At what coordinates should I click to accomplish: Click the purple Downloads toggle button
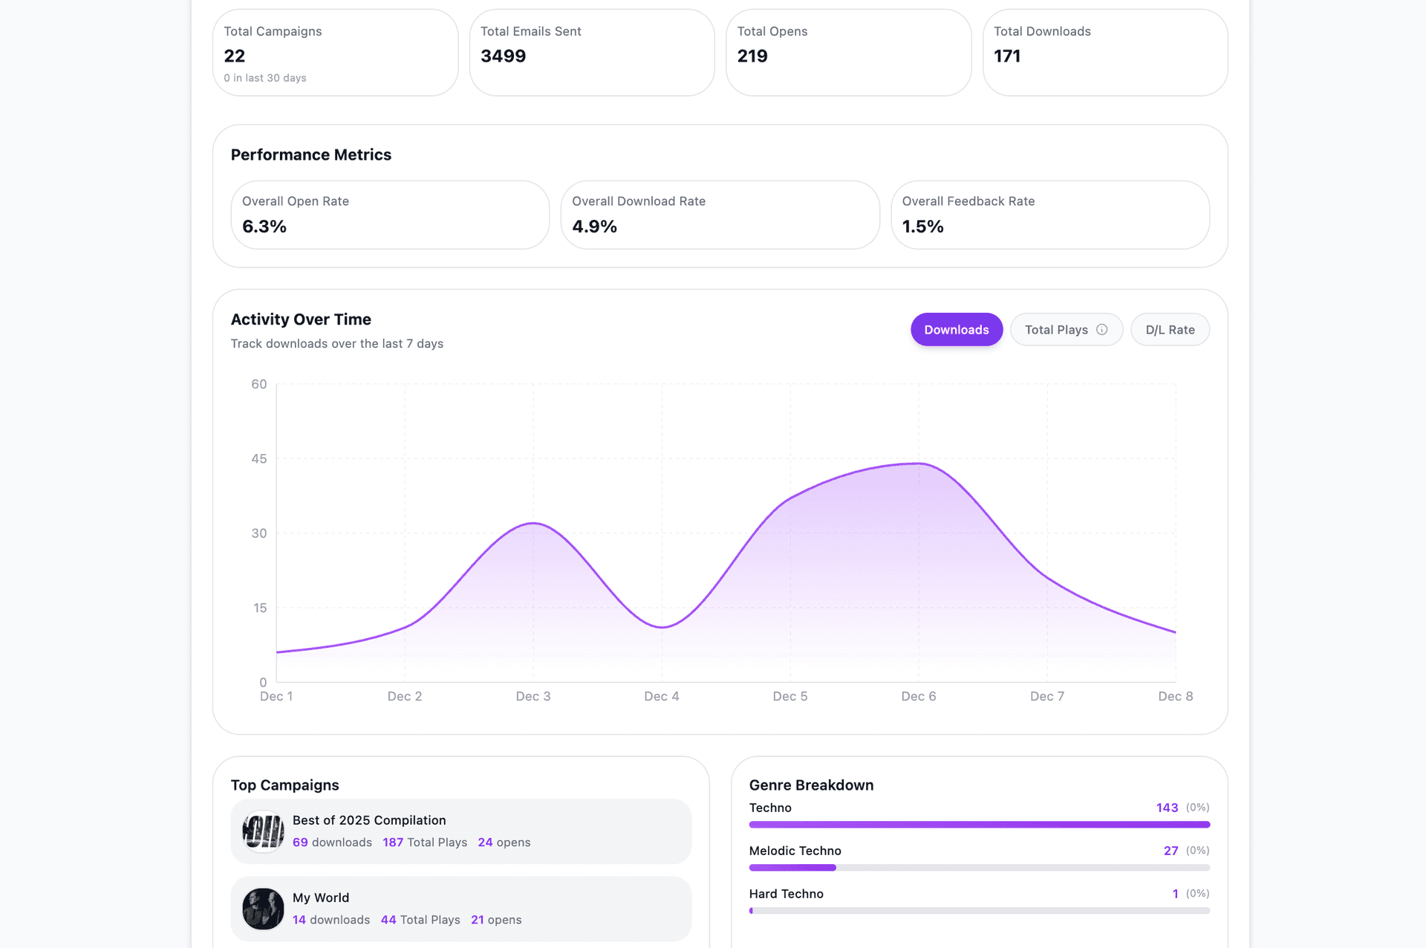956,330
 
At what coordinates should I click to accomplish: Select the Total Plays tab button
1056,330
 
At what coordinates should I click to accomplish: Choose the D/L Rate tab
1170,330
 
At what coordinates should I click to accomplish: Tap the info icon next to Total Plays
1102,330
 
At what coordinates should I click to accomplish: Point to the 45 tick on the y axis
258,458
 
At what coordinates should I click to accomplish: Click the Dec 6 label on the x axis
918,696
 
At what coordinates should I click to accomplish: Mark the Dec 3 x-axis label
533,696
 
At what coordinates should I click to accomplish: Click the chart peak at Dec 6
919,464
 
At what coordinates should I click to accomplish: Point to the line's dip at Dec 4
662,627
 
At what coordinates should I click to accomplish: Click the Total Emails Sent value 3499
503,56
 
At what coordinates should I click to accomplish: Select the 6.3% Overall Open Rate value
264,227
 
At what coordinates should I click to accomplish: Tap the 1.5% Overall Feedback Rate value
922,227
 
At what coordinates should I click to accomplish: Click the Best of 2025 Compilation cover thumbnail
263,831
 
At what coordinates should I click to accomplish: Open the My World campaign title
320,897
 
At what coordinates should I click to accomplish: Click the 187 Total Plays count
393,843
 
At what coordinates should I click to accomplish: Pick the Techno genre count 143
1166,808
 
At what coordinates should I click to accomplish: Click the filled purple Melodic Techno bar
792,868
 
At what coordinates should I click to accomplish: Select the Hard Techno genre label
786,894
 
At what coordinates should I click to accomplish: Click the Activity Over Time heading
301,319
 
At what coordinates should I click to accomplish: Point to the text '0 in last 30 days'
265,78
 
